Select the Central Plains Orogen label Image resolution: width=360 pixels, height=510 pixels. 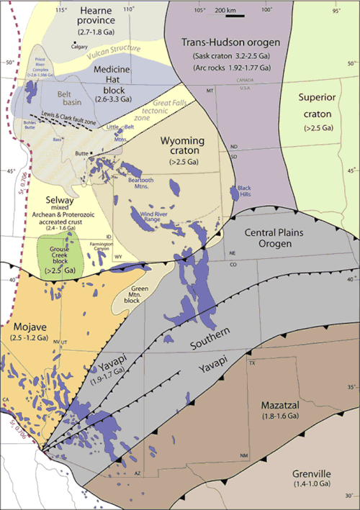[278, 237]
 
